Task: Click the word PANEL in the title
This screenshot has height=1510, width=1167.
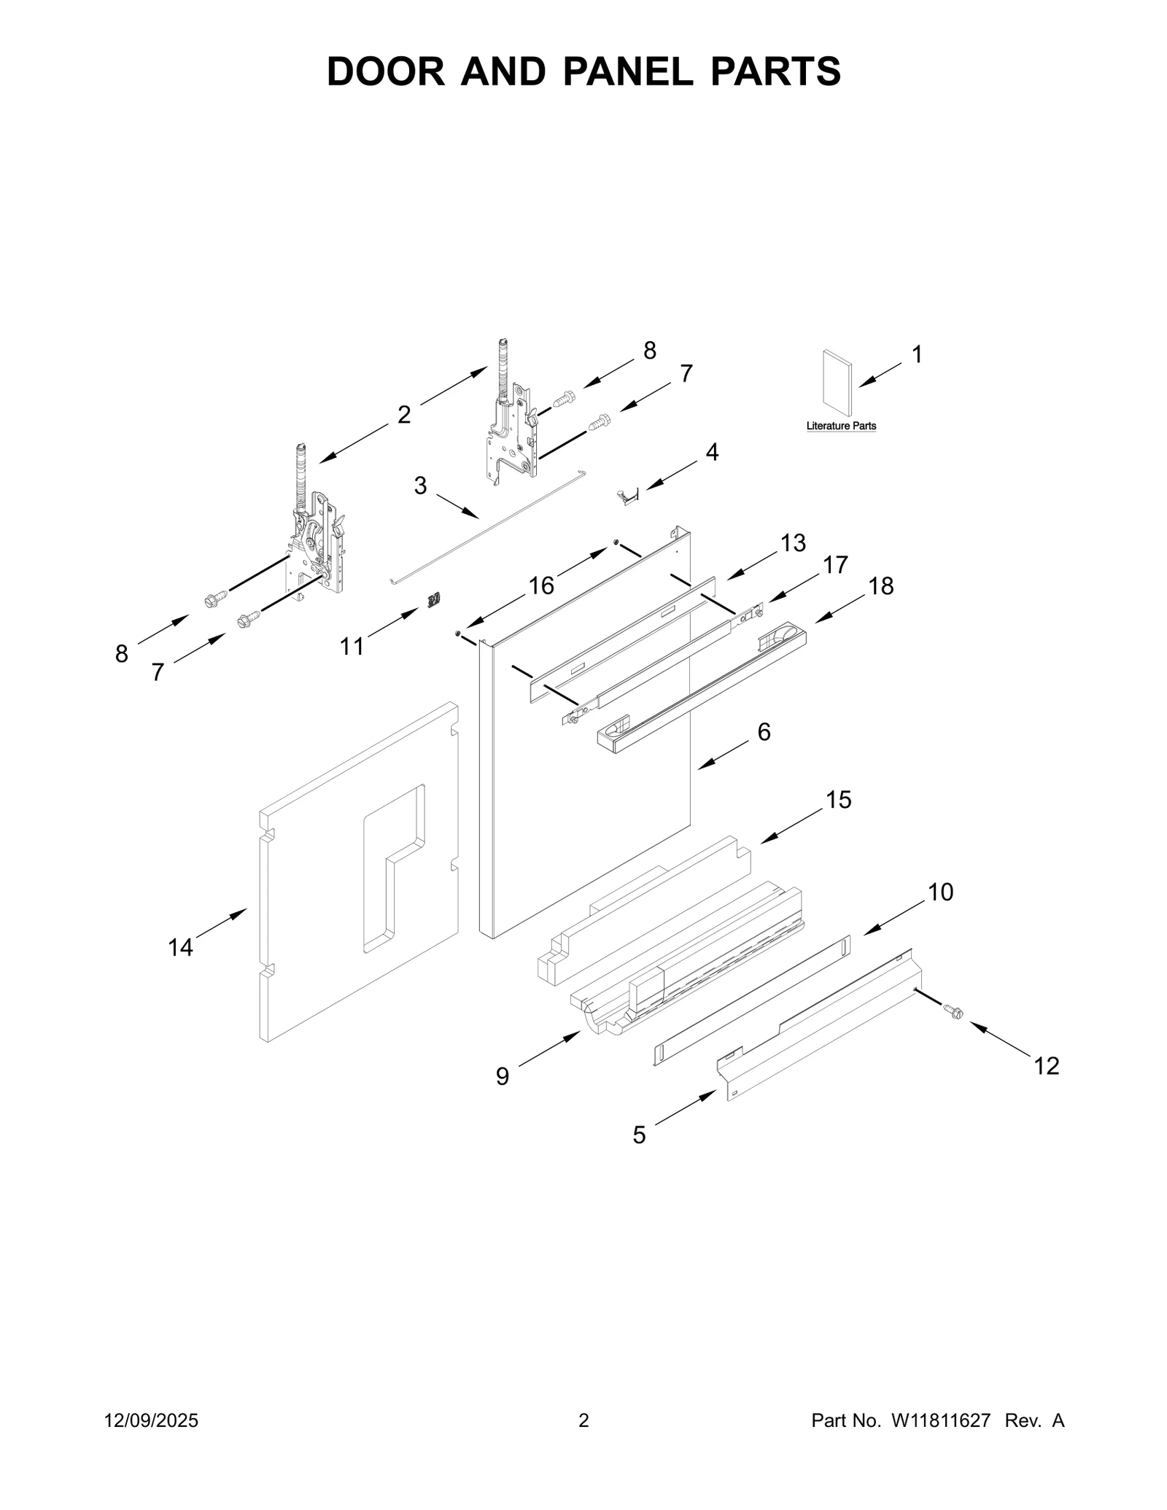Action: click(x=627, y=71)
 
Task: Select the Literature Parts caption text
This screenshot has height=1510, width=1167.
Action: click(x=841, y=426)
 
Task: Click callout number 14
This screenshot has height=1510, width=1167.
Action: click(x=181, y=947)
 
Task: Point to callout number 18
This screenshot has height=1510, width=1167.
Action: click(x=881, y=585)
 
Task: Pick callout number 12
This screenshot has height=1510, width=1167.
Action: click(x=1046, y=1066)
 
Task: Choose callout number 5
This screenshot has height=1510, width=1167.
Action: click(x=639, y=1135)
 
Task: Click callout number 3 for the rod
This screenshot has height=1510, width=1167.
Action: click(x=420, y=486)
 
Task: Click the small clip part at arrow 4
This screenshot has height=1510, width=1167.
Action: click(x=627, y=495)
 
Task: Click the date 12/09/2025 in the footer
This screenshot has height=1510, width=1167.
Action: click(x=152, y=1420)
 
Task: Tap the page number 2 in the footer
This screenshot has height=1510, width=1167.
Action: click(x=583, y=1420)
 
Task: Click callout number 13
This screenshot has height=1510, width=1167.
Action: click(x=793, y=543)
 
